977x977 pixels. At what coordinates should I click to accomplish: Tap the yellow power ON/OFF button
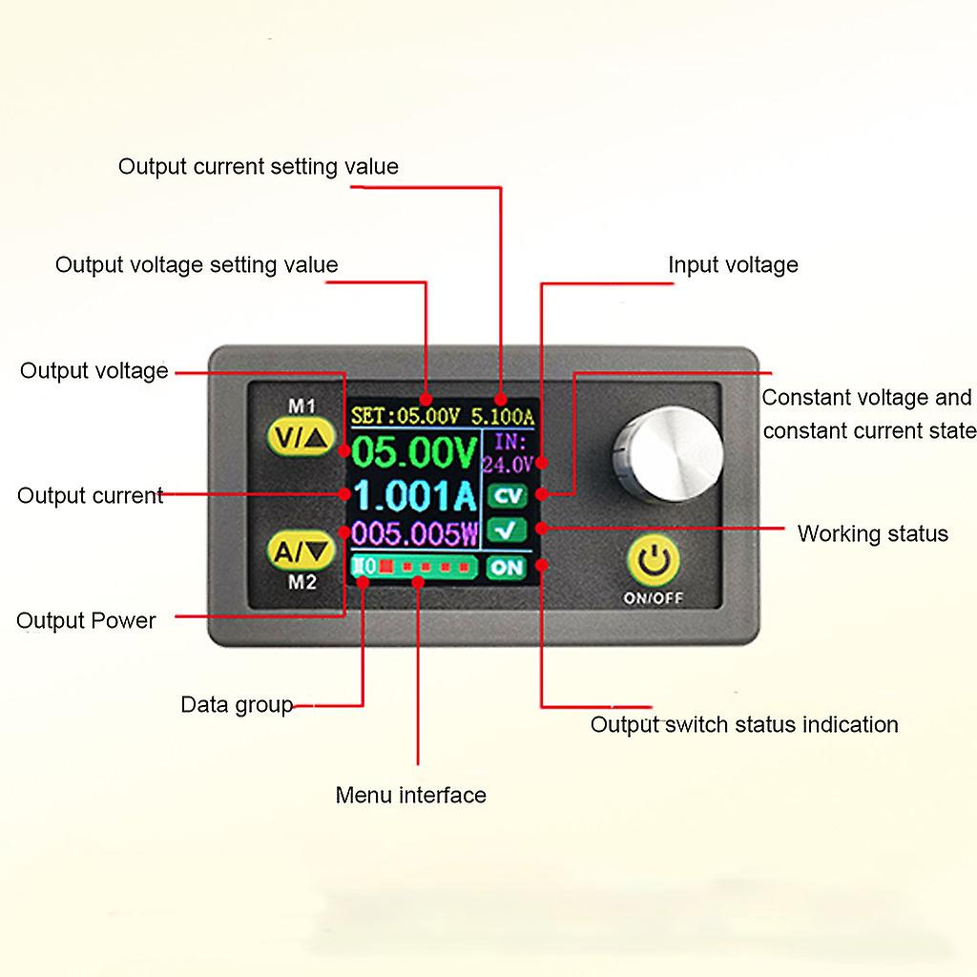[x=654, y=563]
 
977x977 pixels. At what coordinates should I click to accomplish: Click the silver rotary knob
[x=667, y=455]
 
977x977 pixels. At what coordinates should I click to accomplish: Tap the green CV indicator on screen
[x=506, y=495]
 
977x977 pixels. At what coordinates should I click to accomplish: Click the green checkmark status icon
[x=506, y=530]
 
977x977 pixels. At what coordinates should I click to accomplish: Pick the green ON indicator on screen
[x=506, y=567]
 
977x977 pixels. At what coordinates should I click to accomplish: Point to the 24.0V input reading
[x=507, y=465]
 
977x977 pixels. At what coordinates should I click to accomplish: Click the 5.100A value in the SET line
[x=503, y=416]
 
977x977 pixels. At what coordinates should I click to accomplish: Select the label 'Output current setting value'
[x=259, y=167]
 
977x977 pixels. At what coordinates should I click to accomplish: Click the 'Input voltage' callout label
[x=733, y=265]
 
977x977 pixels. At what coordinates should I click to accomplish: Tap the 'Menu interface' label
[x=410, y=795]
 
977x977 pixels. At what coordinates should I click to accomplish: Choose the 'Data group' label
[x=237, y=705]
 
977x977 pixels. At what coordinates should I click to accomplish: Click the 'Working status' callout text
[x=872, y=533]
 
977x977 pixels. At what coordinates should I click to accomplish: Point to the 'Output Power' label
[x=86, y=621]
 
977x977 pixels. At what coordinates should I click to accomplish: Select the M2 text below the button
[x=301, y=583]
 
